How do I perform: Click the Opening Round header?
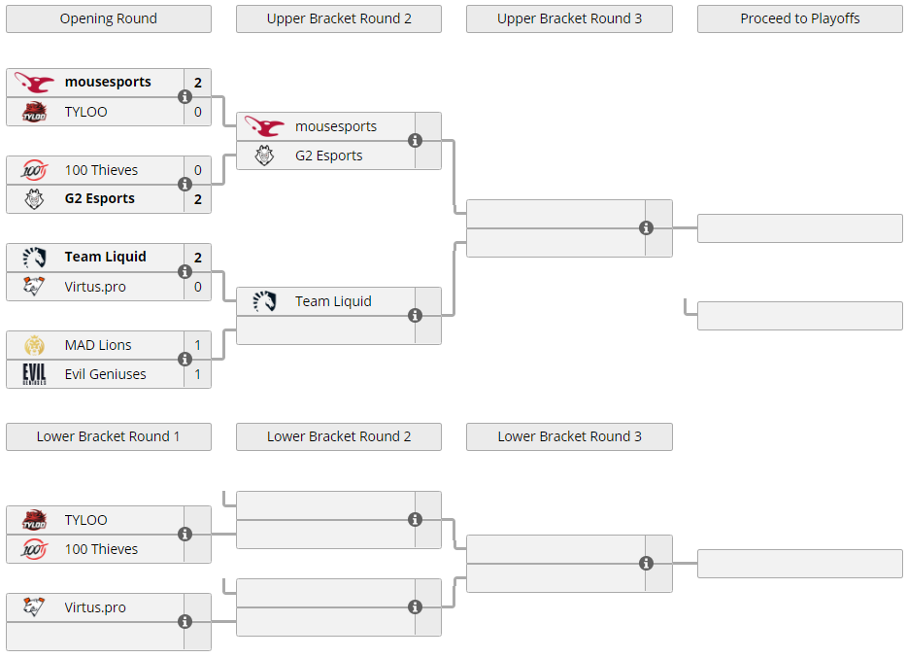point(109,19)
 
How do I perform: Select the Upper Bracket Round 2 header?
point(339,19)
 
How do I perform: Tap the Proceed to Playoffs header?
point(800,19)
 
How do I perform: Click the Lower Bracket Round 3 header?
point(569,437)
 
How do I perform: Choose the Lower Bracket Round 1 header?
point(109,437)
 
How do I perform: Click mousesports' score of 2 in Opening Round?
point(198,83)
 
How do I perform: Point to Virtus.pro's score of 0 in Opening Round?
point(198,287)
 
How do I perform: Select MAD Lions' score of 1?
point(198,345)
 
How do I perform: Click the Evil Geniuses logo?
point(34,374)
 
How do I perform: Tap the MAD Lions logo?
point(34,345)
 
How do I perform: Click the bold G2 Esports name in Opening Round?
point(99,198)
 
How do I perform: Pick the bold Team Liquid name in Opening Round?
point(105,257)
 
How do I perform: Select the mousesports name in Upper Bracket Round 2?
point(335,126)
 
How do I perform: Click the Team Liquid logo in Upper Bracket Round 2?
point(264,301)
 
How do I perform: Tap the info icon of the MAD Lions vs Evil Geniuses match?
point(185,360)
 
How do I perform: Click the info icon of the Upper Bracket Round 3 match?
point(646,228)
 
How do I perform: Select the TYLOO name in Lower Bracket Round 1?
point(85,520)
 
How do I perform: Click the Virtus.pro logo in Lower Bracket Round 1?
point(34,607)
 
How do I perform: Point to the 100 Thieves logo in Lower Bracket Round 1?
point(34,549)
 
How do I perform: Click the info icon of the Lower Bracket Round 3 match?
point(646,563)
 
